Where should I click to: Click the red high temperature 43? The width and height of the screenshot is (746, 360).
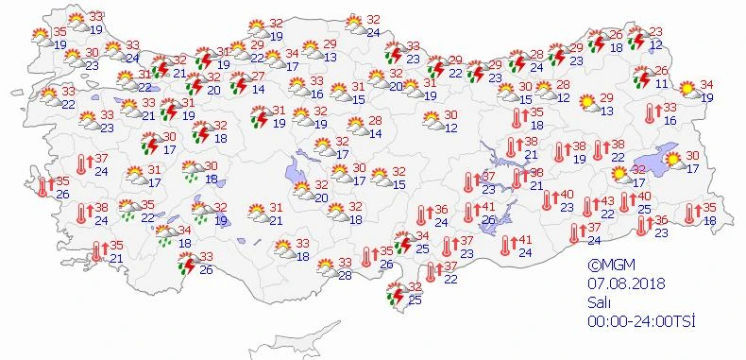point(607,200)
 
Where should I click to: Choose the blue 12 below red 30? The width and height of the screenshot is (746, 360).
point(451,128)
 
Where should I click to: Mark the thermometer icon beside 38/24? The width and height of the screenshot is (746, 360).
point(83,214)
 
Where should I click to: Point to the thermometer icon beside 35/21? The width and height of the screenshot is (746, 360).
point(96,251)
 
